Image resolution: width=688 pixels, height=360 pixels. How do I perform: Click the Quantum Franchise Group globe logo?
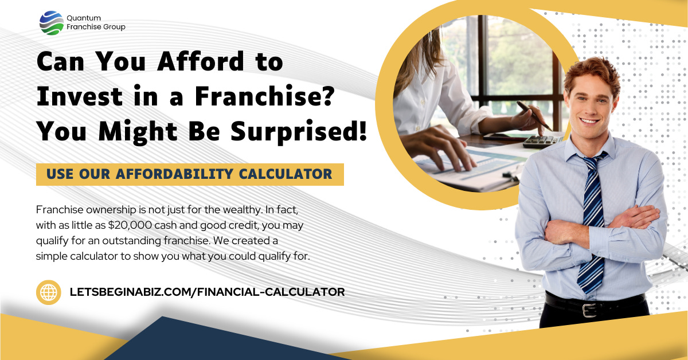pyautogui.click(x=51, y=23)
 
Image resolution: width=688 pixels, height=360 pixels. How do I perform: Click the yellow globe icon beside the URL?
pyautogui.click(x=49, y=292)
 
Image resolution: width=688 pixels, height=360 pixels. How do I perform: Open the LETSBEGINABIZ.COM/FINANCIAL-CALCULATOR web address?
pyautogui.click(x=207, y=292)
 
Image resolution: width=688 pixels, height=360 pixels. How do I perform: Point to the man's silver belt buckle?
pyautogui.click(x=589, y=310)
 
